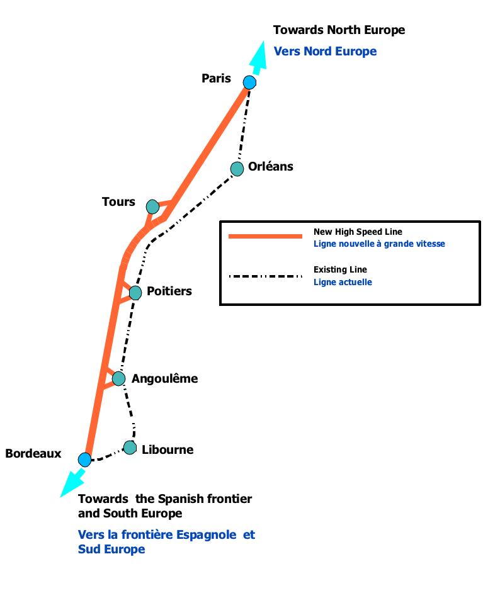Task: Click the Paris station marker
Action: click(x=249, y=82)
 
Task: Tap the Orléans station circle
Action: click(x=237, y=169)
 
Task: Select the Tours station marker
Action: click(x=152, y=206)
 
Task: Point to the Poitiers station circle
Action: click(x=135, y=293)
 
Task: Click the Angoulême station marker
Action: click(x=118, y=378)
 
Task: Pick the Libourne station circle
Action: click(x=130, y=448)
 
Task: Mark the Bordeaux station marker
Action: click(x=85, y=460)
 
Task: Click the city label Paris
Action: click(x=216, y=79)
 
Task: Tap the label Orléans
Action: click(x=271, y=166)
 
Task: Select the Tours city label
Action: click(x=118, y=201)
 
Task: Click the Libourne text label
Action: click(x=168, y=449)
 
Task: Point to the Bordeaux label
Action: click(x=33, y=453)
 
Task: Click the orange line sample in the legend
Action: click(x=266, y=237)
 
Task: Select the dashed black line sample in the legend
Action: click(x=266, y=276)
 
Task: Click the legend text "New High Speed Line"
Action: click(x=358, y=232)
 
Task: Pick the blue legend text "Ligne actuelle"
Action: click(x=343, y=282)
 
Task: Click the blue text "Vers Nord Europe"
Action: click(x=325, y=51)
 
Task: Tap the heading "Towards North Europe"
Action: click(x=339, y=30)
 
